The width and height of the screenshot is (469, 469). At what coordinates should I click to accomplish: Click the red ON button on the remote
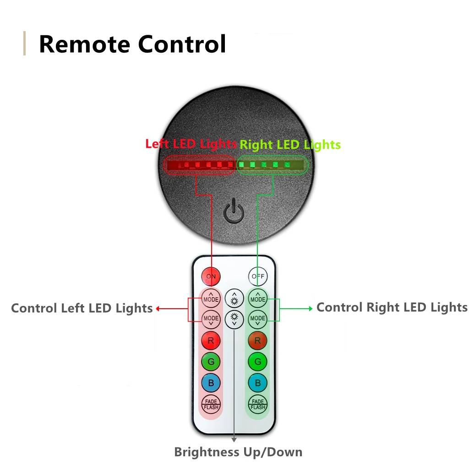click(211, 276)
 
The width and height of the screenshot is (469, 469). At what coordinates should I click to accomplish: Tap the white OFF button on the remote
click(258, 276)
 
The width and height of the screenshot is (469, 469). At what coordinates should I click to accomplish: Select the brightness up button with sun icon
click(234, 299)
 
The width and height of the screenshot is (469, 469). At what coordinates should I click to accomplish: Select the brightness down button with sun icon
click(234, 318)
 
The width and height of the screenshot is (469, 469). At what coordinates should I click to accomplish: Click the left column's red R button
click(211, 341)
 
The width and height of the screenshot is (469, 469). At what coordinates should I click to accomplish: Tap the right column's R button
click(258, 341)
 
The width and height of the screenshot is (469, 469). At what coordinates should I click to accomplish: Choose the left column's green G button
click(211, 362)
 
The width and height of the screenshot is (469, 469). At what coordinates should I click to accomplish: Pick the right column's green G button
click(258, 362)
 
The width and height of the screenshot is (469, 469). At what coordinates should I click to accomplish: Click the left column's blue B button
click(211, 383)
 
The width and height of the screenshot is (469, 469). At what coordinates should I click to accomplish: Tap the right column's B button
click(258, 383)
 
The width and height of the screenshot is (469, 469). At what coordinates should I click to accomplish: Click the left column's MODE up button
click(211, 299)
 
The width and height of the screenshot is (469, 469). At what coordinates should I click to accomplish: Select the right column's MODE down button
click(258, 319)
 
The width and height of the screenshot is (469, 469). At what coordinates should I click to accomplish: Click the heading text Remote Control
click(132, 44)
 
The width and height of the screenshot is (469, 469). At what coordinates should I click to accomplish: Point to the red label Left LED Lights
click(191, 144)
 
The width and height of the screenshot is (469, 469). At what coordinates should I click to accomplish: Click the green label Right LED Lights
click(290, 145)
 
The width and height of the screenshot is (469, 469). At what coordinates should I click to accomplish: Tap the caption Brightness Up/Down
click(238, 453)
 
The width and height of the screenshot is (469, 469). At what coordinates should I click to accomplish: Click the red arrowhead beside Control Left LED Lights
click(158, 309)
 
